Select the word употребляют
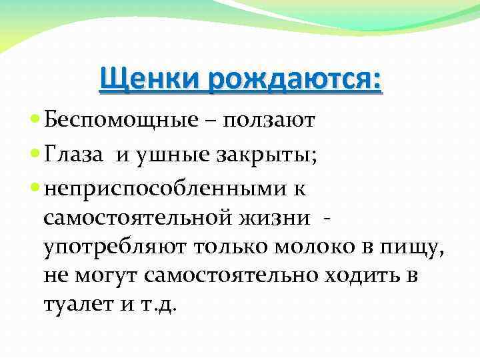click(114, 248)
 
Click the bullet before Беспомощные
click(35, 121)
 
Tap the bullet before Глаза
click(35, 155)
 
